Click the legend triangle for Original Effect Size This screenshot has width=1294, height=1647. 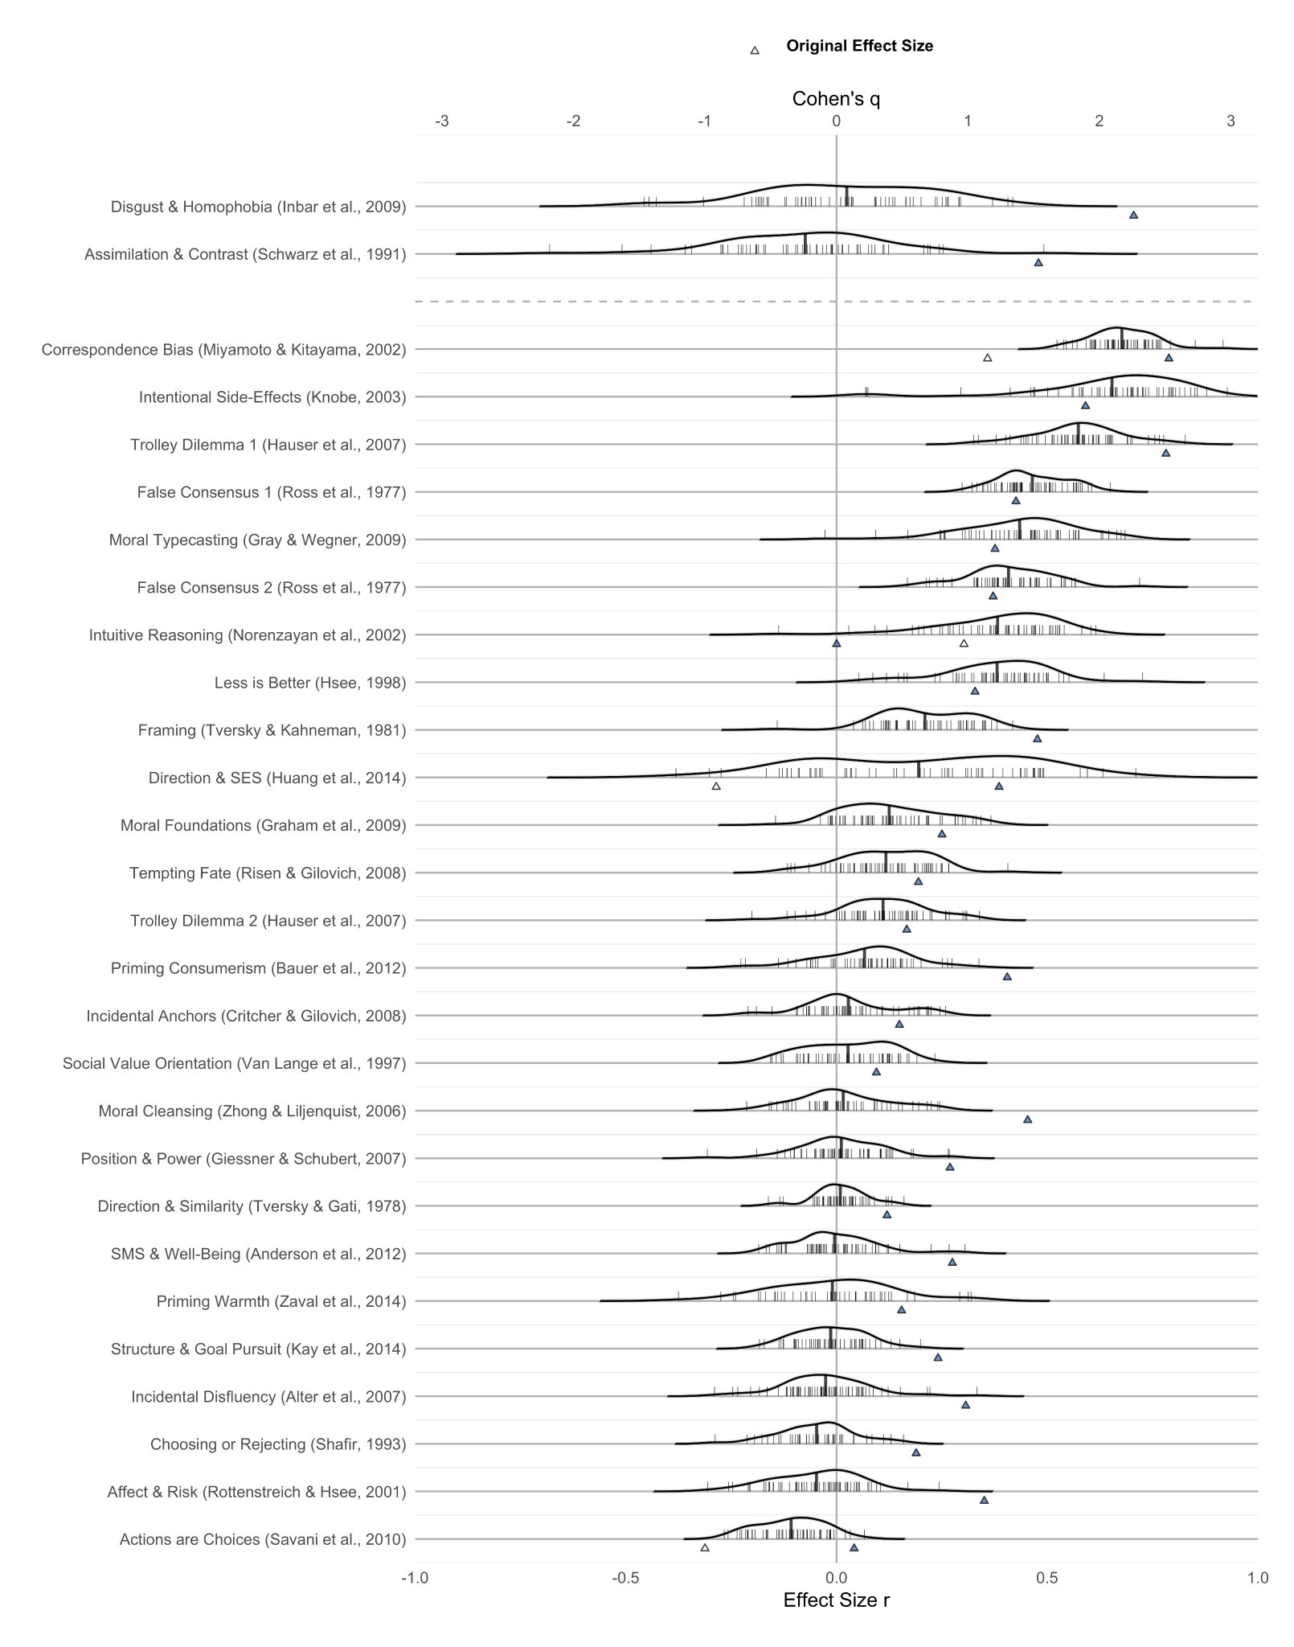754,50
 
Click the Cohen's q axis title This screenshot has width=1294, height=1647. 836,99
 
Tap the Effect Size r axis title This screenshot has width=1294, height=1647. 836,1600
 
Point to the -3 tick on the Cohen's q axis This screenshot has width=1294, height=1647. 442,121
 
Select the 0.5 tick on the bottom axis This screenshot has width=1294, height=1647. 1046,1578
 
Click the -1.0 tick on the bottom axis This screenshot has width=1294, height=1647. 415,1578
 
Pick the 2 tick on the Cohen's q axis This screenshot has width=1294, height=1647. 1099,121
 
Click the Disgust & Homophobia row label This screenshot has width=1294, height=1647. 258,207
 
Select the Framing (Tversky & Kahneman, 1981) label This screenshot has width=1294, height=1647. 272,730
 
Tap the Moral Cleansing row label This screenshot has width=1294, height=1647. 252,1111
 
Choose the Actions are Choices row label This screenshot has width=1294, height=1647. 263,1539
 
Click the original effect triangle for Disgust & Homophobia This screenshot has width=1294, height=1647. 1133,215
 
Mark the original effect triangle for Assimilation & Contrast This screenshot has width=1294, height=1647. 1038,262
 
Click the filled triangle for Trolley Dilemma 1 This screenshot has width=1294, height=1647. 1165,453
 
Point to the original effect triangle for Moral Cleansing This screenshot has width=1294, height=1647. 1027,1119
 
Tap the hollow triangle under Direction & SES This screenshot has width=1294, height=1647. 716,786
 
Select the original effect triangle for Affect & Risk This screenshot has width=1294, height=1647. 984,1500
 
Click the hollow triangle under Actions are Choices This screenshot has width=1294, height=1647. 705,1547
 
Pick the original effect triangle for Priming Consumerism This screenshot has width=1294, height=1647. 1007,976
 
